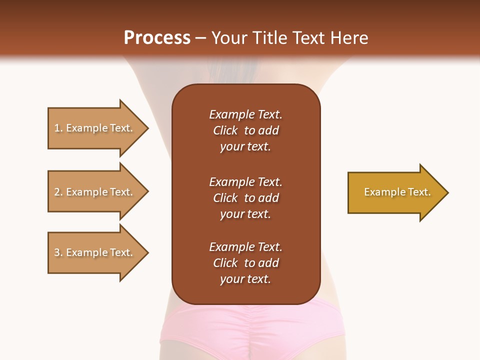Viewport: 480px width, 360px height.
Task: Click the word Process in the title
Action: click(x=157, y=37)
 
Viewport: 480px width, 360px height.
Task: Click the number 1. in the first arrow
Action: click(x=58, y=128)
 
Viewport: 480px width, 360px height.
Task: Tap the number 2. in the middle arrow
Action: click(x=58, y=192)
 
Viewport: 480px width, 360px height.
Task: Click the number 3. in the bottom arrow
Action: click(x=58, y=252)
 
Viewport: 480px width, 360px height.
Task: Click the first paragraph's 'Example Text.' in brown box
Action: click(x=245, y=114)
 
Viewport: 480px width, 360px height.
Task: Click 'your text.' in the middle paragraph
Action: click(x=245, y=214)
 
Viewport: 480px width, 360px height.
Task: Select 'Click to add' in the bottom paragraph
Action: click(x=245, y=263)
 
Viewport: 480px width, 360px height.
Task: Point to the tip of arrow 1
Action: click(x=147, y=128)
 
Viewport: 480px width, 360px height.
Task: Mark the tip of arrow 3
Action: click(x=147, y=252)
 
